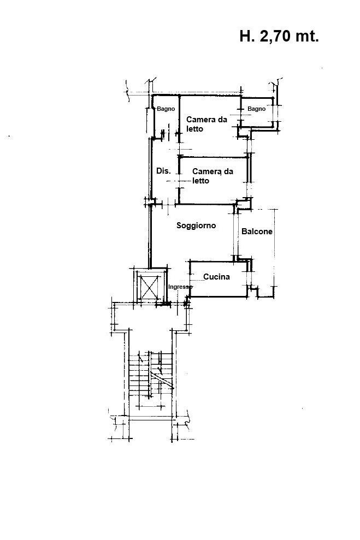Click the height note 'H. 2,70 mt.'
279,36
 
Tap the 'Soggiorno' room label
196,226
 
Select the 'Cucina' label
216,276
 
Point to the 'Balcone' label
257,232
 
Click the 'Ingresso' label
180,287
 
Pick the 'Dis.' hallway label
163,171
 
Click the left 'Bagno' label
166,109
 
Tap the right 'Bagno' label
257,109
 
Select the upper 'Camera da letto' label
206,124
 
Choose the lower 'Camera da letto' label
213,176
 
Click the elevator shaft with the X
149,287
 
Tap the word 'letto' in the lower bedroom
201,181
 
